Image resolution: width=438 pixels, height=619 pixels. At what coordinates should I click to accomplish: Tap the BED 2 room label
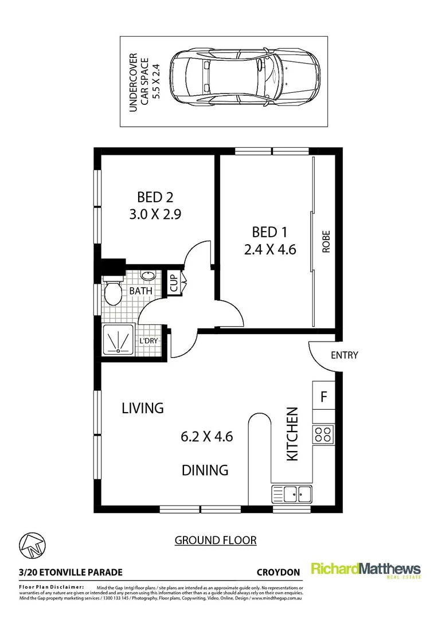pos(155,198)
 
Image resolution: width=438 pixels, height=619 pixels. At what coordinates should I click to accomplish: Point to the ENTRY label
pos(344,355)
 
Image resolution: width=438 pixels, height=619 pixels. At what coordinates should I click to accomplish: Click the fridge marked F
pos(323,396)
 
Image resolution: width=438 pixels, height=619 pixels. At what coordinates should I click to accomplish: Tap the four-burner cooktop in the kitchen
pos(323,434)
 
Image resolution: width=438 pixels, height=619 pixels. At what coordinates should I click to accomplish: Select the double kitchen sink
pos(292,492)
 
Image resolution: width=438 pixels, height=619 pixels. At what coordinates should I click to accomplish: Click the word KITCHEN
pos(292,434)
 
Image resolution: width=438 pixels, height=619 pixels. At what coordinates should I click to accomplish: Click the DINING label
pos(205,470)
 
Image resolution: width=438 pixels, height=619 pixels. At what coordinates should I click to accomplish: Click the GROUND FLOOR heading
pos(215,540)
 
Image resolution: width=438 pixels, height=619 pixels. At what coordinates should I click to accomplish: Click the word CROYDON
pos(279,572)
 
